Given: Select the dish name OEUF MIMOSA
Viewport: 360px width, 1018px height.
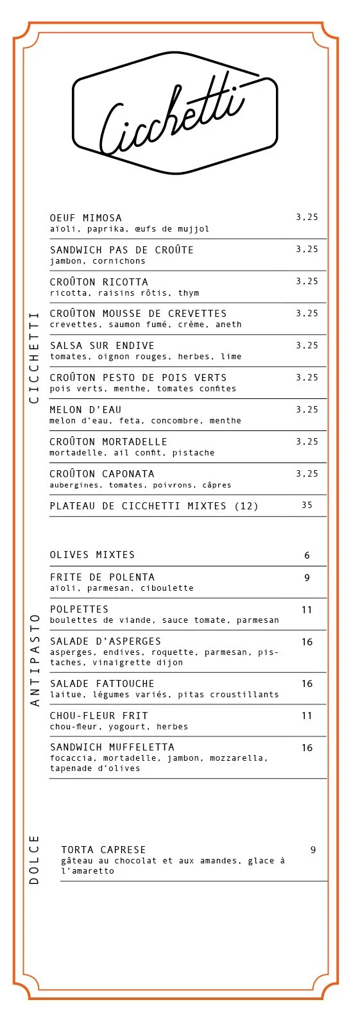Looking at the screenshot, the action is coord(86,218).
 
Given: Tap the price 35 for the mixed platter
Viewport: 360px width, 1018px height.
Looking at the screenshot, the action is coord(307,505).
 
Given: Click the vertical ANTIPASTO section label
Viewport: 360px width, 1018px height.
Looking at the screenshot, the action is coord(35,660).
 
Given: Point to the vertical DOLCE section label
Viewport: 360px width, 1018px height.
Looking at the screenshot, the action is coord(35,860).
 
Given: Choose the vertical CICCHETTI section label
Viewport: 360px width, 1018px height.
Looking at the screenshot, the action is coord(35,357).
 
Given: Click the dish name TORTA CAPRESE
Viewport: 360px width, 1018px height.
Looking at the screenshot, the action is coord(103,850).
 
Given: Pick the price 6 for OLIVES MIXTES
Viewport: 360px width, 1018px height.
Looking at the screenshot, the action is coord(307,556).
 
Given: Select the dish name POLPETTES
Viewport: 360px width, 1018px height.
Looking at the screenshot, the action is coord(79,609).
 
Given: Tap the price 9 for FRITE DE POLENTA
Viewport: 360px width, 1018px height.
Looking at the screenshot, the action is coord(307,578).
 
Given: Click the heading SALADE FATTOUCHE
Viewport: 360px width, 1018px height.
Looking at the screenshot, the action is coord(102,684).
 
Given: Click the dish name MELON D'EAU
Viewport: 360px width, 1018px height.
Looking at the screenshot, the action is coord(85,410).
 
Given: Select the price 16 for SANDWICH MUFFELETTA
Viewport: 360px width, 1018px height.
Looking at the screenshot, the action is coord(307,748).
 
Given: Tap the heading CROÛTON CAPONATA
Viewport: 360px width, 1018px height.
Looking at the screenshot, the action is coord(102,474).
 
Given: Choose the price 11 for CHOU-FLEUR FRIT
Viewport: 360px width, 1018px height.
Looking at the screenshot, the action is coord(307,716).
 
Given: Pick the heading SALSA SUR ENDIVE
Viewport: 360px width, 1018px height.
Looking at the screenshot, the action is coord(102,346).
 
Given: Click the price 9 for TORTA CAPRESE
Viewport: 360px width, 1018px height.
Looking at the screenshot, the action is coord(313,850).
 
